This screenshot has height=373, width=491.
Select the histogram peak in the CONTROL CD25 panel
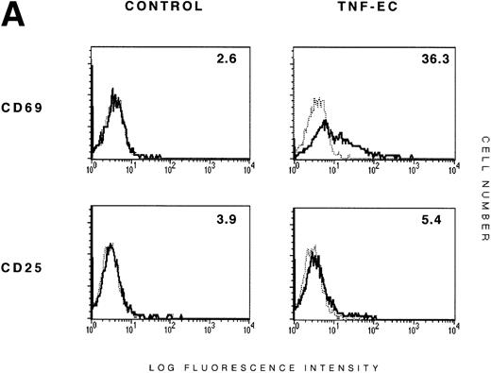(111, 246)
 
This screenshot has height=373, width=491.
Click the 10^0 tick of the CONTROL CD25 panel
(92, 329)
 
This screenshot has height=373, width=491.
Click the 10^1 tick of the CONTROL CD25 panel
(132, 329)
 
